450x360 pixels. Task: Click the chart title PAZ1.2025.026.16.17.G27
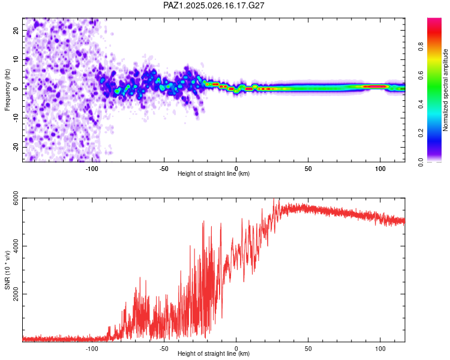tap(214, 5)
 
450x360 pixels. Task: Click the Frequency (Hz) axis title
tap(7, 90)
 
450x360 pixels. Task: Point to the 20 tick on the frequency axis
tap(16, 31)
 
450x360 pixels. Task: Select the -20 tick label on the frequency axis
tap(16, 147)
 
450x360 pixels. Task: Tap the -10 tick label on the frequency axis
tap(16, 118)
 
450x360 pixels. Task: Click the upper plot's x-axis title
tap(214, 173)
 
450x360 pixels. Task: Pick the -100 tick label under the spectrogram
tap(92, 169)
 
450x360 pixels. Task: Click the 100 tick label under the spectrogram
tap(380, 169)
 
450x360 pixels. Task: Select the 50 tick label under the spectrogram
tap(308, 169)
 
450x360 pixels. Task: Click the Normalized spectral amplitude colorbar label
tap(445, 90)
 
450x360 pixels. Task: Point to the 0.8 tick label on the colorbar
tap(421, 46)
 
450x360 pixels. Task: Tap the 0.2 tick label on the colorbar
tap(421, 133)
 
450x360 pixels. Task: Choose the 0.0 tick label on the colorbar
tap(421, 162)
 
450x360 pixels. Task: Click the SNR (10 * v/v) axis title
tap(7, 270)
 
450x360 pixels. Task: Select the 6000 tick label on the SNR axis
tap(16, 198)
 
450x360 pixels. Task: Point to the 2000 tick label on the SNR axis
tap(16, 294)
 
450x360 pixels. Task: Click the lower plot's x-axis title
tap(214, 353)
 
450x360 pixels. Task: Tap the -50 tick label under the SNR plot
tap(164, 349)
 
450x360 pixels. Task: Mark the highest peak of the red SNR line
tap(274, 199)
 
